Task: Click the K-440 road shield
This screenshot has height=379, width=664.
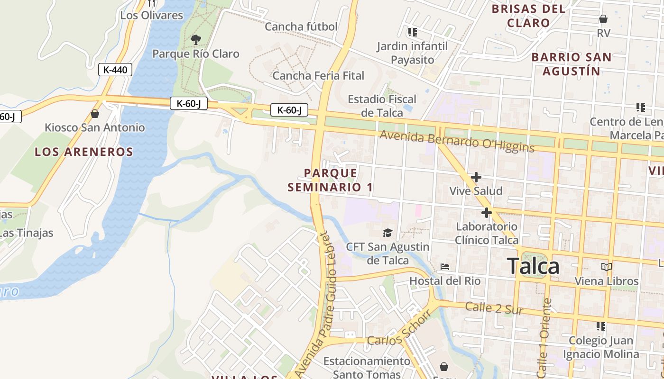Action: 115,70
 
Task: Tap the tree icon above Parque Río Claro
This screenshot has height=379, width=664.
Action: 195,39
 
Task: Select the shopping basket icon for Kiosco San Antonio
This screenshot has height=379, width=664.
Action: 95,114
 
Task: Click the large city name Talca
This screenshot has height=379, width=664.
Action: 533,266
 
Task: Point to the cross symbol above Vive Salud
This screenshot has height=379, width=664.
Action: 476,177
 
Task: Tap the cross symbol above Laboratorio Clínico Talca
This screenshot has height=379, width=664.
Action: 486,213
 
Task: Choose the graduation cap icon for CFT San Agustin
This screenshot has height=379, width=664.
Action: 387,233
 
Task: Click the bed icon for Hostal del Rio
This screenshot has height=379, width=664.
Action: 444,267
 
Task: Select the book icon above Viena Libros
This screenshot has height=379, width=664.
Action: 606,267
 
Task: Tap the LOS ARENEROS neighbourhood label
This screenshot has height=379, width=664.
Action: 84,152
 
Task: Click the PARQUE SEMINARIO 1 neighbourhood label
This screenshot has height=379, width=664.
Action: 330,180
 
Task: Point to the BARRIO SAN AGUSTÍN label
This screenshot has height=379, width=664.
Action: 571,64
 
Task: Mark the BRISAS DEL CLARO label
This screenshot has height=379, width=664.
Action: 528,16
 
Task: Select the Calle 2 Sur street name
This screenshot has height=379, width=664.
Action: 494,308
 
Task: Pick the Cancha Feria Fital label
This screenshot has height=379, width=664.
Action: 318,76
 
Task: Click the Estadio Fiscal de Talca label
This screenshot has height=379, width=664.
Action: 382,106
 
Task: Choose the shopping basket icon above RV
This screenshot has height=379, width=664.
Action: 603,19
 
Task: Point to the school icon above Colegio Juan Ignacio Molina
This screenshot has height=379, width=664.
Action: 600,326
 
